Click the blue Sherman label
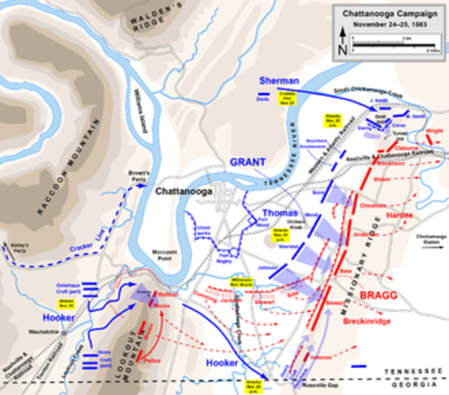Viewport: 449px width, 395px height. (x=273, y=81)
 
